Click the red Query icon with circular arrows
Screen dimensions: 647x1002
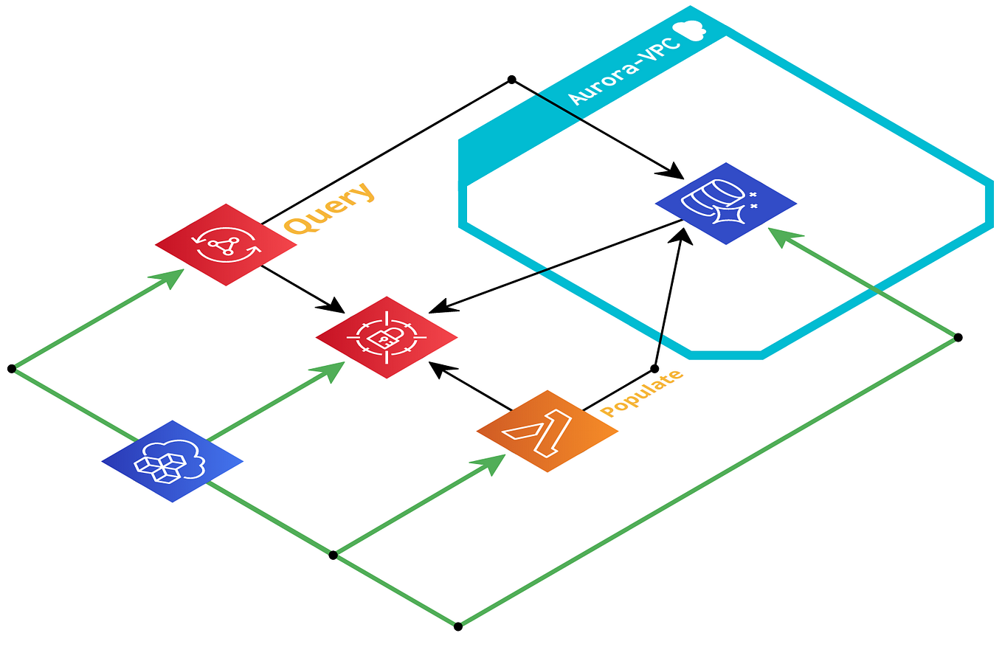point(226,245)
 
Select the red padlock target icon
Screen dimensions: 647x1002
point(387,337)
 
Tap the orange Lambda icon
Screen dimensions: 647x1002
point(547,431)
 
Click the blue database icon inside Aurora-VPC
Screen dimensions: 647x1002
point(725,204)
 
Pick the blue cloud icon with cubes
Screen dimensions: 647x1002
point(172,462)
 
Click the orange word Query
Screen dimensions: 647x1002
point(330,208)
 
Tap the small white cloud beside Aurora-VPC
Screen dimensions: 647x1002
point(691,29)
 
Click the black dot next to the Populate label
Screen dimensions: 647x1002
point(654,368)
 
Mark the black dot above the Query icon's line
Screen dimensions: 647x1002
point(511,79)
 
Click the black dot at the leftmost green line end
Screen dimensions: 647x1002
point(11,368)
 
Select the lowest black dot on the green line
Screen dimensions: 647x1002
point(457,626)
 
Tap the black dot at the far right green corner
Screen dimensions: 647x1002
point(958,337)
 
